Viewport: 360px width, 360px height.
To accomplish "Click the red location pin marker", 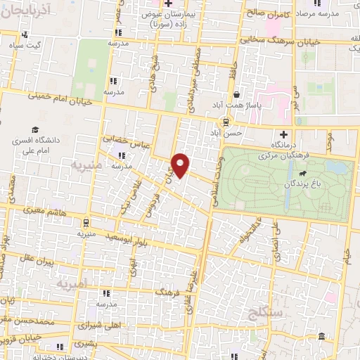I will point(181,165).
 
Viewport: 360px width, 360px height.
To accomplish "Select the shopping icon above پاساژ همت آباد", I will point(237,94).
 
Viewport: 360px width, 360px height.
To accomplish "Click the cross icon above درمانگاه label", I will point(284,134).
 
